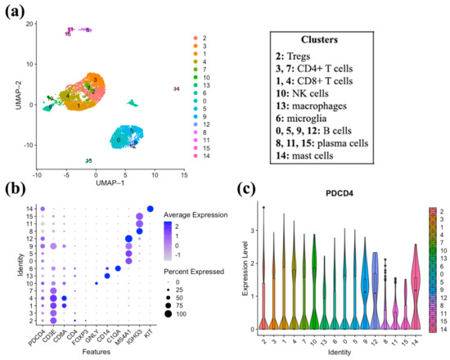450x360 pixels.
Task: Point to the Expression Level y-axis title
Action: point(250,269)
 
